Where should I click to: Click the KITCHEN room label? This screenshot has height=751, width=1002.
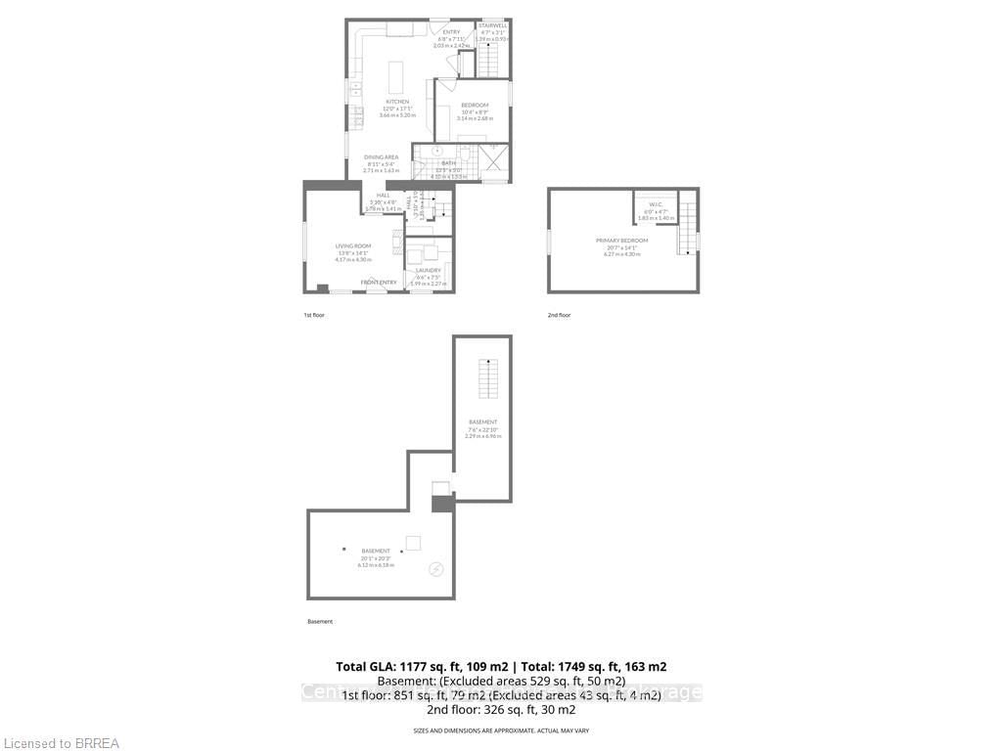pyautogui.click(x=397, y=102)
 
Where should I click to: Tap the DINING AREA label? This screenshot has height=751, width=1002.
pyautogui.click(x=382, y=157)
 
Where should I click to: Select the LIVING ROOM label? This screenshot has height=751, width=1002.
pyautogui.click(x=353, y=246)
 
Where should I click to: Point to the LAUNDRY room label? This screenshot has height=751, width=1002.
pyautogui.click(x=429, y=271)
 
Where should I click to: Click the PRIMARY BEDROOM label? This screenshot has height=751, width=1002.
pyautogui.click(x=622, y=241)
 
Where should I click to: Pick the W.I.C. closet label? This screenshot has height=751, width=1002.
pyautogui.click(x=656, y=204)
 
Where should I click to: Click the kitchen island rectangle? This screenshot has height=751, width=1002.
pyautogui.click(x=396, y=76)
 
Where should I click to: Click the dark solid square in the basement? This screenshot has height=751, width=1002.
pyautogui.click(x=442, y=505)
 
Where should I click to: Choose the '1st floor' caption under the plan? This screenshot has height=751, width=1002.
pyautogui.click(x=314, y=315)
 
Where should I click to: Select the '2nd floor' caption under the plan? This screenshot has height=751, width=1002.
pyautogui.click(x=559, y=315)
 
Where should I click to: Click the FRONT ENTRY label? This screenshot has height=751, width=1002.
pyautogui.click(x=379, y=283)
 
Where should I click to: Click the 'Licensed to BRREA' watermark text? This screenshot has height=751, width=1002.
pyautogui.click(x=60, y=743)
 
